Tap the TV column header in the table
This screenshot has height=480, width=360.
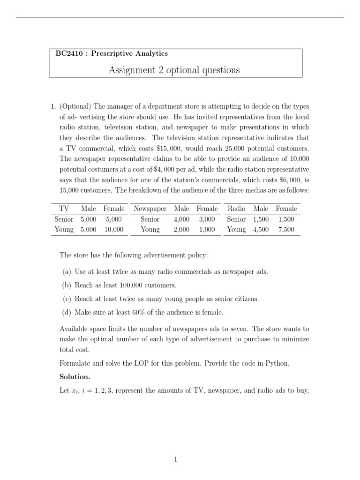click(x=64, y=208)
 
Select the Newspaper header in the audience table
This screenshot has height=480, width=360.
click(x=150, y=208)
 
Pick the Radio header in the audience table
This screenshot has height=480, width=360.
click(x=236, y=208)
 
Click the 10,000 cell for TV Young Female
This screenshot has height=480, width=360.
click(x=114, y=229)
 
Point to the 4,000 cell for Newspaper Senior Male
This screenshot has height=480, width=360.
click(x=181, y=219)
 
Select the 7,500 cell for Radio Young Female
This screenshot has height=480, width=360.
click(x=286, y=229)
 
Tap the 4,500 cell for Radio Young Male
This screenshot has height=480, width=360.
click(x=261, y=229)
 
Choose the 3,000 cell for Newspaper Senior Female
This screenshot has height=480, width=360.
click(x=207, y=219)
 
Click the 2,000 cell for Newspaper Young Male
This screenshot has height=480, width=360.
click(x=181, y=229)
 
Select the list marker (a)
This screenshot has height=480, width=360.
click(x=67, y=272)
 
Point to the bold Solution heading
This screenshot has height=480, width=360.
click(x=75, y=376)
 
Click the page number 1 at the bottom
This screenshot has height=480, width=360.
click(x=175, y=460)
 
